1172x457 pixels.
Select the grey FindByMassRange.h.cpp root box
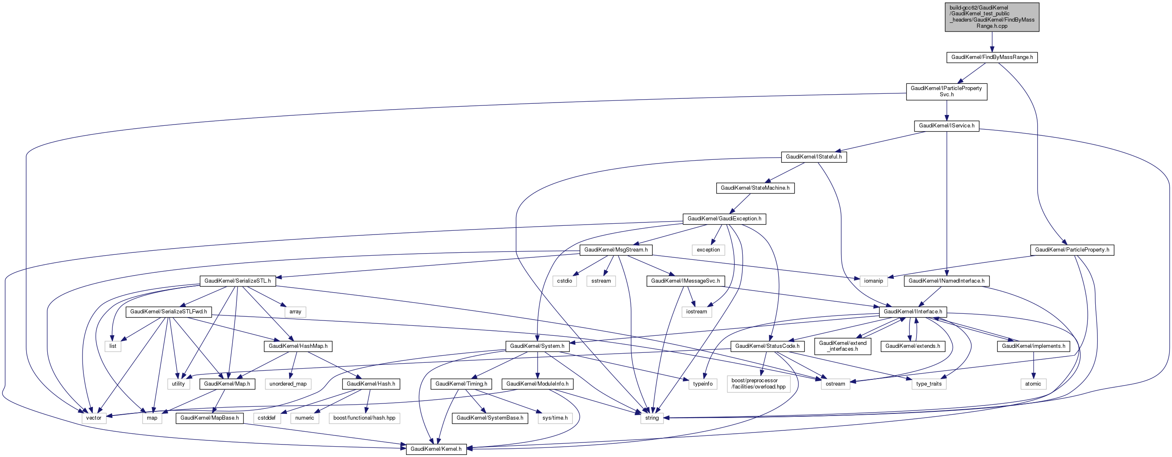(x=992, y=17)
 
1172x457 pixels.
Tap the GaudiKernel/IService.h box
(x=946, y=126)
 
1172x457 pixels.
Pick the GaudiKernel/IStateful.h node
(x=814, y=157)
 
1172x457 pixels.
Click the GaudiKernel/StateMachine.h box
(x=755, y=188)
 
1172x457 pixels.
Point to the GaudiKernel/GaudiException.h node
(x=724, y=219)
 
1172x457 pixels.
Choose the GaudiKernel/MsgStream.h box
(x=615, y=250)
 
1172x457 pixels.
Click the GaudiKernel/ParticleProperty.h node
(x=1072, y=250)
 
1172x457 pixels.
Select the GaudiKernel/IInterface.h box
(x=913, y=312)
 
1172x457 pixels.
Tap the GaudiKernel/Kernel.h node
(x=435, y=449)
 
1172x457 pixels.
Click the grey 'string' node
(x=652, y=418)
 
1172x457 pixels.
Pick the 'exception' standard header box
(x=708, y=250)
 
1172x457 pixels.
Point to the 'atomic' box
(x=1033, y=384)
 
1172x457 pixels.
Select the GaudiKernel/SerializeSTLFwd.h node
(x=168, y=312)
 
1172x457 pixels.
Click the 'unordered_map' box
(x=287, y=384)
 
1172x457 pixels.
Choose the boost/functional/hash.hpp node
(x=364, y=418)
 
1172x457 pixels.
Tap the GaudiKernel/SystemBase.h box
(x=489, y=418)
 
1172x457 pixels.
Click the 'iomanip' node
(x=873, y=281)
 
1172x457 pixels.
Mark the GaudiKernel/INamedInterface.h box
(x=946, y=281)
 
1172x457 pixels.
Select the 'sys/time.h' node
(x=555, y=418)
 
